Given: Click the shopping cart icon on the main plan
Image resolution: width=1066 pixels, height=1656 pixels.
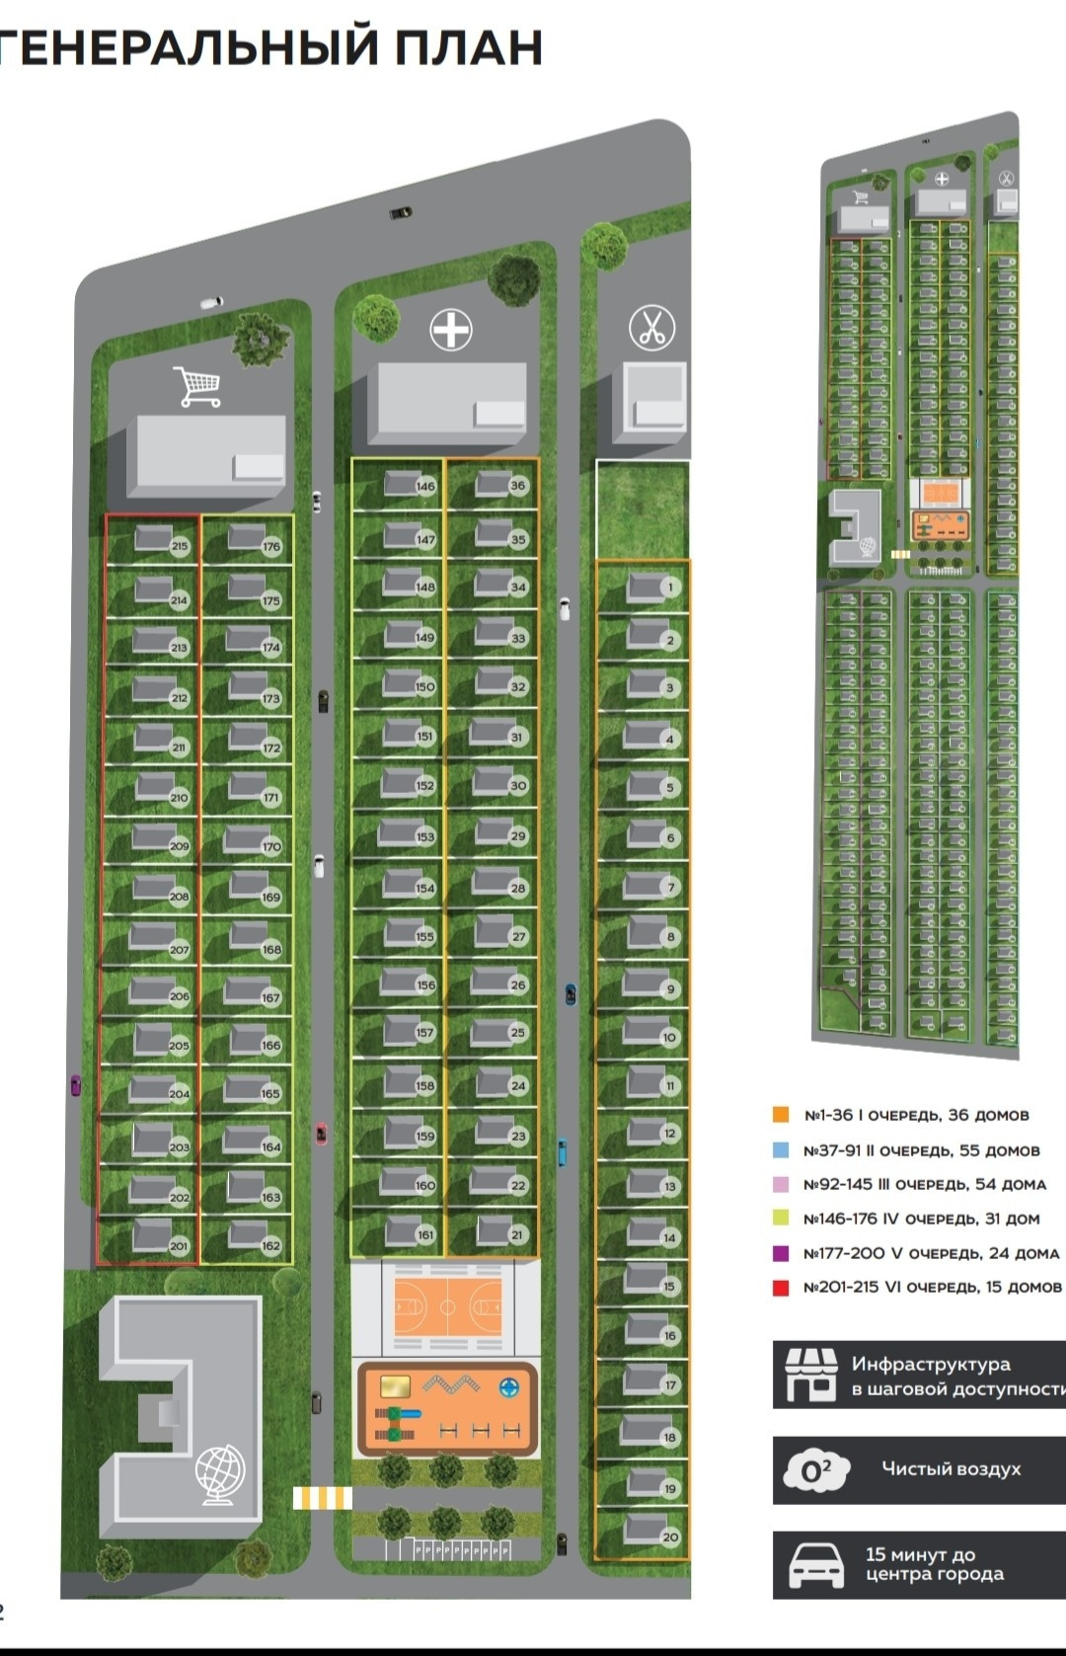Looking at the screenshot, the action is click(x=199, y=386).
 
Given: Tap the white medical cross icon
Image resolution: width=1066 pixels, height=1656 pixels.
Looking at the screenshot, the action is click(x=451, y=329).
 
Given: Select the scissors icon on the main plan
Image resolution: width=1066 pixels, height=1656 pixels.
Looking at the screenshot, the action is click(x=651, y=327).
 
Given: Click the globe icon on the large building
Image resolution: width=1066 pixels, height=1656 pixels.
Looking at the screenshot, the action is click(x=218, y=1474).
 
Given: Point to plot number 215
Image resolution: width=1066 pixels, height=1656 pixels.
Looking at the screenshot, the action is click(x=179, y=546).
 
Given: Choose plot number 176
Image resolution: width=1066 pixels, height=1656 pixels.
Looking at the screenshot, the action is click(x=271, y=546).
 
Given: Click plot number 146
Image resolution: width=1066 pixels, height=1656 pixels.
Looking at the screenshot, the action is click(x=425, y=486).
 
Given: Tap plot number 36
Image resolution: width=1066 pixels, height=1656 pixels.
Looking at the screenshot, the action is click(x=517, y=486).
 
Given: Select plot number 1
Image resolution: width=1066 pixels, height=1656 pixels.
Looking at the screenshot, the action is click(x=670, y=588).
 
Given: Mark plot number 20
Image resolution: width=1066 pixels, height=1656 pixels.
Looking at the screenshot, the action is click(x=670, y=1538).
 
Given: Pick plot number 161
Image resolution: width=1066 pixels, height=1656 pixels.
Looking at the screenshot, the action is click(x=425, y=1234).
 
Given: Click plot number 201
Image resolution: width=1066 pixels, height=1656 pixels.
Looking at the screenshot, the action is click(x=179, y=1246).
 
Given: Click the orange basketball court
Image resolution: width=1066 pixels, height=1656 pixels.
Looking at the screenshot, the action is click(x=447, y=1306).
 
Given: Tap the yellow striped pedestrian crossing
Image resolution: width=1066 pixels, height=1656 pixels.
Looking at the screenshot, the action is click(x=322, y=1498).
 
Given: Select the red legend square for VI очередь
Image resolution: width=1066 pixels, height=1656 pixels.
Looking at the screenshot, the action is click(x=781, y=1288).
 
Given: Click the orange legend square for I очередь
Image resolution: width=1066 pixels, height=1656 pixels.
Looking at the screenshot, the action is click(x=781, y=1115).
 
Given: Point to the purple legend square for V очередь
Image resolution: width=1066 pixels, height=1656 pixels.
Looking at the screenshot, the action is click(x=781, y=1253).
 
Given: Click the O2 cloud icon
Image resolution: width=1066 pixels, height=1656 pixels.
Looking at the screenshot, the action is click(x=815, y=1469).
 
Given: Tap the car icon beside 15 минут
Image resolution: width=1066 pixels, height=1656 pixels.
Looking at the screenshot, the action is click(x=815, y=1565).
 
